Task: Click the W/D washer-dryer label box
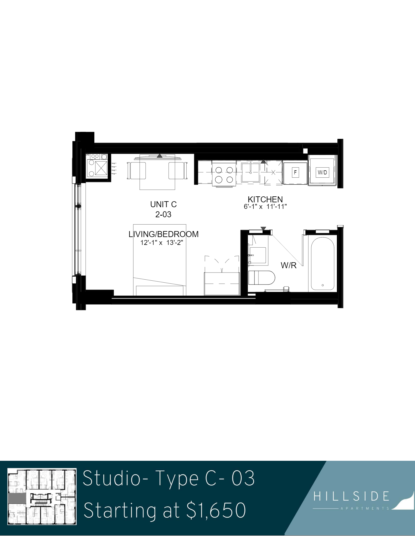pos(322,172)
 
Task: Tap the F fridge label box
pos(295,172)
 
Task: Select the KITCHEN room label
pos(265,199)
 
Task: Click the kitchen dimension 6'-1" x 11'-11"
pos(265,207)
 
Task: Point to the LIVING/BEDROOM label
pos(164,234)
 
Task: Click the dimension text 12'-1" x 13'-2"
pos(162,242)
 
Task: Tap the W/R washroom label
pos(289,265)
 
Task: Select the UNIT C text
pos(164,204)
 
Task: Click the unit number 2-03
pos(163,215)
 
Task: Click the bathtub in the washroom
pos(323,264)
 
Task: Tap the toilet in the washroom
pos(261,277)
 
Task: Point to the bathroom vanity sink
pos(257,255)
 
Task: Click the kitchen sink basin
pos(251,172)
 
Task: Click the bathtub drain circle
pos(323,285)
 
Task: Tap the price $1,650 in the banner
pos(216,510)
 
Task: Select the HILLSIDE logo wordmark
pos(351,496)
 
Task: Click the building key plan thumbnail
pos(42,496)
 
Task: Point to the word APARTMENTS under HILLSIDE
pos(365,508)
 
